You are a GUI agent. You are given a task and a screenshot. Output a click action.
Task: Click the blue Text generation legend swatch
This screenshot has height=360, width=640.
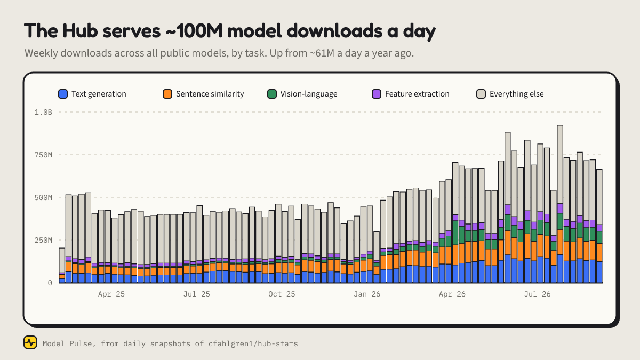click(63, 94)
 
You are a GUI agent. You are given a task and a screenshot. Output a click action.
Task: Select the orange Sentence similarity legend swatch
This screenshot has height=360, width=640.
click(167, 94)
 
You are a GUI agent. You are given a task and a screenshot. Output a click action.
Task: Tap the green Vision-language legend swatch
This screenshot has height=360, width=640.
click(272, 94)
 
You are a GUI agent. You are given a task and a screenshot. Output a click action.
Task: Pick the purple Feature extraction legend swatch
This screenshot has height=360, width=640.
click(377, 94)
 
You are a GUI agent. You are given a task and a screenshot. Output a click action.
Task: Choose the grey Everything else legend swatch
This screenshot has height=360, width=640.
click(481, 94)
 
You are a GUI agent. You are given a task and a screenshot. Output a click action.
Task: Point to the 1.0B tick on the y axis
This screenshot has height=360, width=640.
click(43, 113)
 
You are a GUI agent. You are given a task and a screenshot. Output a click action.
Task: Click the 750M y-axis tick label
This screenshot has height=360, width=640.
click(43, 155)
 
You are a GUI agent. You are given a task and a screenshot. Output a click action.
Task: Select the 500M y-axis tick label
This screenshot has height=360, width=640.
click(43, 197)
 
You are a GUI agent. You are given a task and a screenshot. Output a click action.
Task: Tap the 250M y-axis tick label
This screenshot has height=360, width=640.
click(43, 241)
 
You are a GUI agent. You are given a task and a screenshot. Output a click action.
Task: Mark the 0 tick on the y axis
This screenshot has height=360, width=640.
click(50, 283)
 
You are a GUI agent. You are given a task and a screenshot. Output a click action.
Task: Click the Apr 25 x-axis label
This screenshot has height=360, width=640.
click(111, 294)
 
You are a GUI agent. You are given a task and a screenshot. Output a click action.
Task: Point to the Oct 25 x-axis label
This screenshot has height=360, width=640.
click(282, 294)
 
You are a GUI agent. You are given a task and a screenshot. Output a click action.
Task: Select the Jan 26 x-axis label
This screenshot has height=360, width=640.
click(367, 294)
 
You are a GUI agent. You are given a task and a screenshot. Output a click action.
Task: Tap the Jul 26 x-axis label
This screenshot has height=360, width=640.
click(537, 294)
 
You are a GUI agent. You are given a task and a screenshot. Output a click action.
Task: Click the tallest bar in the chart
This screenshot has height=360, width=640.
click(560, 204)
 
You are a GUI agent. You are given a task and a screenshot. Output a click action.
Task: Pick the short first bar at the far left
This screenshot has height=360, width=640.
click(62, 266)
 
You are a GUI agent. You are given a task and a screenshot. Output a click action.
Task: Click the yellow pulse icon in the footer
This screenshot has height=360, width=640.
click(30, 342)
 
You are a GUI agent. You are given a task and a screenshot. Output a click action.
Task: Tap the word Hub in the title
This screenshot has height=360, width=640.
click(80, 30)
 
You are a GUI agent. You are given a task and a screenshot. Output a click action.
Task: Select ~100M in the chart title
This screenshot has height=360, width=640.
click(194, 30)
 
